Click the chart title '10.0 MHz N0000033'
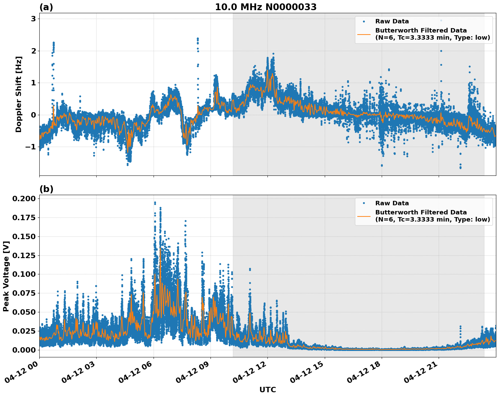pyautogui.click(x=266, y=7)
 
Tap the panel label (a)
pyautogui.click(x=46, y=7)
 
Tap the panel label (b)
pyautogui.click(x=46, y=189)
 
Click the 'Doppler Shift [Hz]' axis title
pyautogui.click(x=19, y=95)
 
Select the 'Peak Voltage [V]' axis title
pyautogui.click(x=6, y=276)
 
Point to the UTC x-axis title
pyautogui.click(x=267, y=390)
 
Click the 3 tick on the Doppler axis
pyautogui.click(x=33, y=19)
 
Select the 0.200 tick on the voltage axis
pyautogui.click(x=24, y=198)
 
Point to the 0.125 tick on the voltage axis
pyautogui.click(x=24, y=255)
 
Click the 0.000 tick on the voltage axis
pyautogui.click(x=24, y=350)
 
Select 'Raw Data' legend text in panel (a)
pyautogui.click(x=392, y=21)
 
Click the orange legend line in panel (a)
pyautogui.click(x=364, y=34)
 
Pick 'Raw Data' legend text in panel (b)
pyautogui.click(x=392, y=203)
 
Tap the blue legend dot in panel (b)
pyautogui.click(x=364, y=203)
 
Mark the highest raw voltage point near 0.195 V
pyautogui.click(x=155, y=203)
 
